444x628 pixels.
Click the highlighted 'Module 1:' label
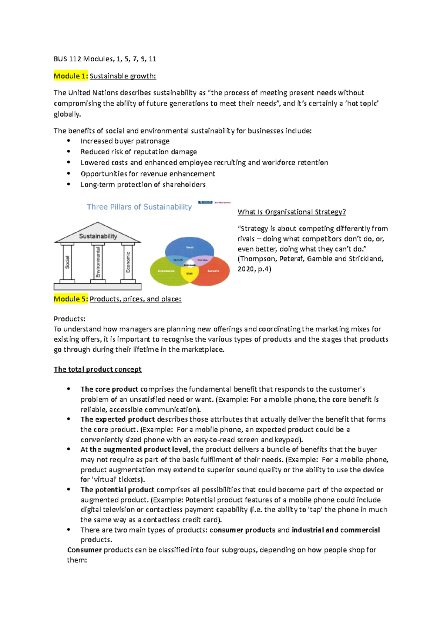click(x=71, y=76)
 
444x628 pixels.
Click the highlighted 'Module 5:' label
click(x=71, y=299)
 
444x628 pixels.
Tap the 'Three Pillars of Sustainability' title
click(x=139, y=207)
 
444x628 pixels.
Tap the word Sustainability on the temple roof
click(x=98, y=236)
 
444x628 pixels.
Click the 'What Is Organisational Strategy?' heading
click(x=292, y=212)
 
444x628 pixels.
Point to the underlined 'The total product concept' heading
click(x=97, y=369)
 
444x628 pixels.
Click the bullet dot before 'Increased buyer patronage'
click(x=68, y=141)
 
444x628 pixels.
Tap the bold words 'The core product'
click(x=109, y=389)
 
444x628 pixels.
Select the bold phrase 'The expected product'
click(x=118, y=419)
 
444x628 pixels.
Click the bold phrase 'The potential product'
click(x=117, y=489)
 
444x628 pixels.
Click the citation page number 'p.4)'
click(x=264, y=269)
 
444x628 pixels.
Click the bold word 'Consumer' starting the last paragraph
click(x=84, y=550)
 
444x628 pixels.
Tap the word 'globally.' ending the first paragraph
click(x=67, y=114)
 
